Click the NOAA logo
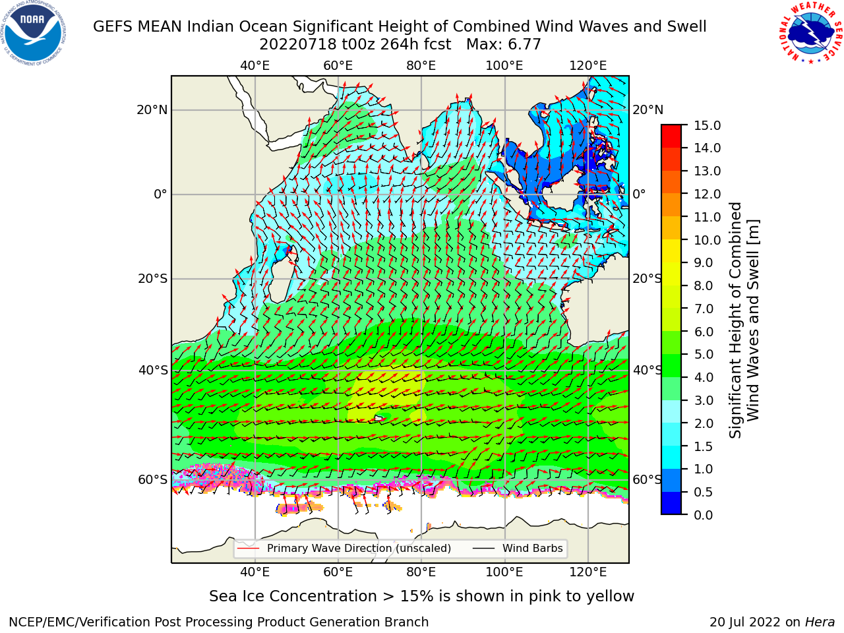click(33, 33)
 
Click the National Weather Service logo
click(810, 32)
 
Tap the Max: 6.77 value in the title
click(503, 45)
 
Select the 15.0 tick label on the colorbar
click(707, 125)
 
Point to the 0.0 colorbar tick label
click(704, 515)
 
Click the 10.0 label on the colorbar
click(707, 240)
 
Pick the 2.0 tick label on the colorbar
click(704, 423)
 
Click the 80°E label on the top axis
click(421, 66)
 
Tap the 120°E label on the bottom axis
click(588, 572)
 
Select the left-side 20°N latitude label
click(152, 110)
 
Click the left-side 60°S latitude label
click(153, 479)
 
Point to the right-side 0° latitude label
click(639, 194)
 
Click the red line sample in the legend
click(249, 548)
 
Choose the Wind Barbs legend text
click(533, 548)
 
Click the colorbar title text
click(744, 320)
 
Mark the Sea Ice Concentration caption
click(421, 596)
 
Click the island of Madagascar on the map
click(282, 278)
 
